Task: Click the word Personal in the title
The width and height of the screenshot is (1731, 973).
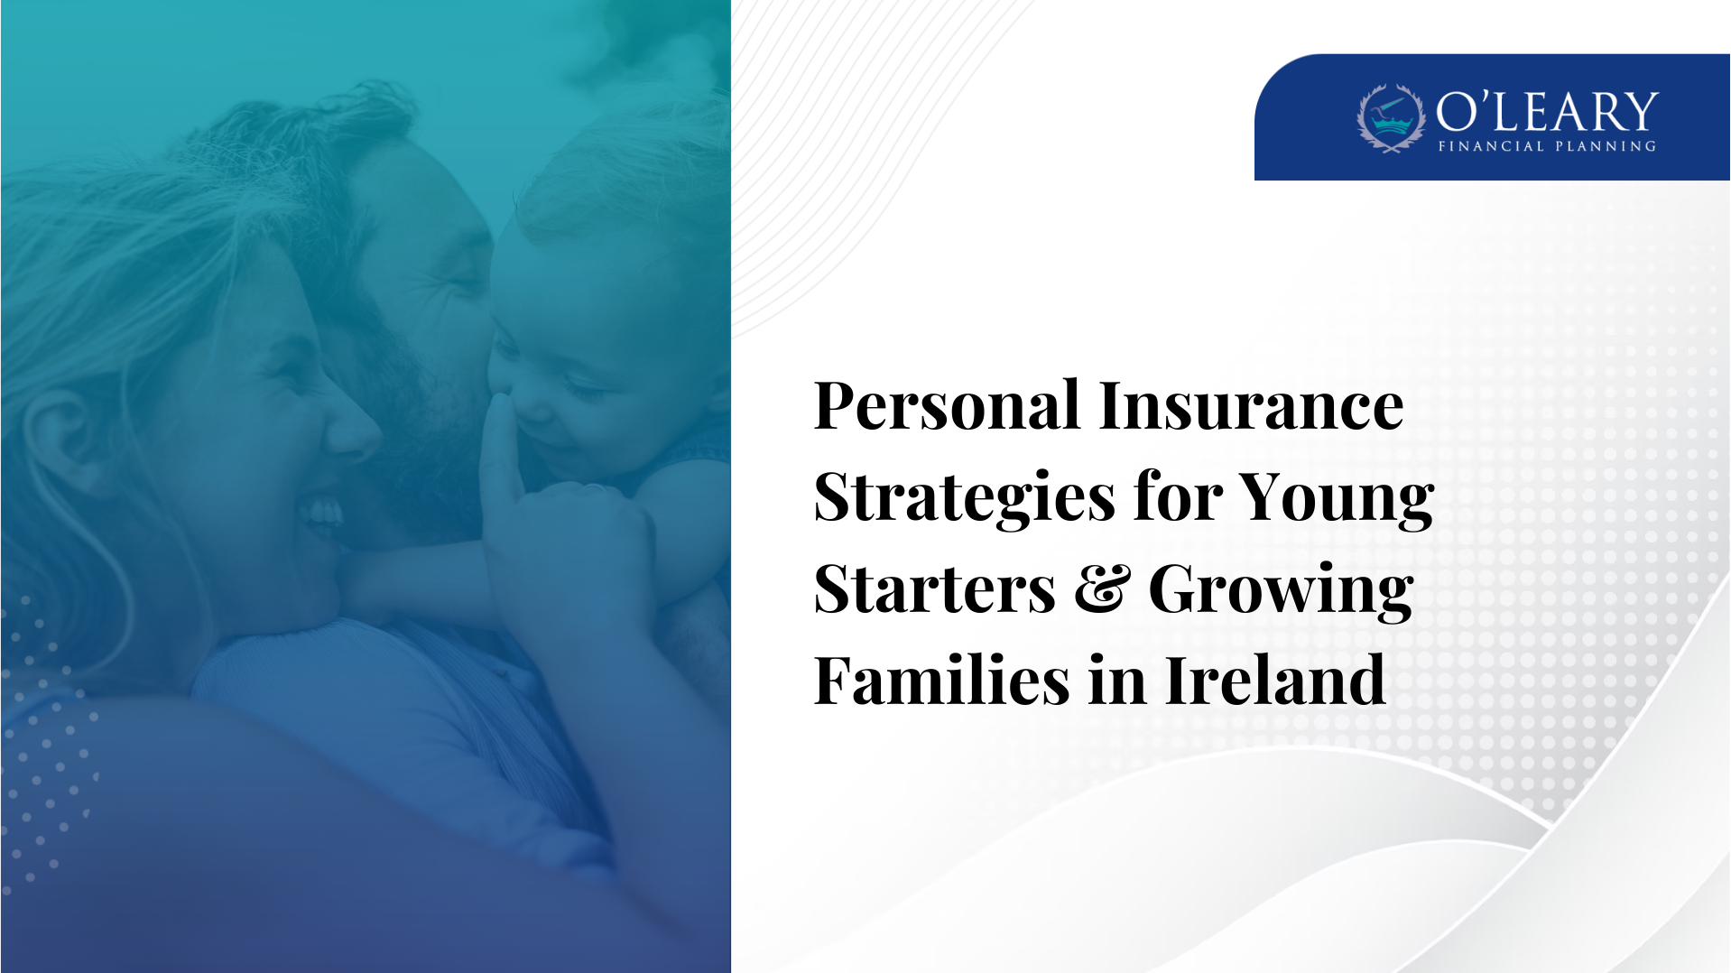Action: pos(946,406)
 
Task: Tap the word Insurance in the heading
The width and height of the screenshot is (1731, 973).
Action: pos(1251,406)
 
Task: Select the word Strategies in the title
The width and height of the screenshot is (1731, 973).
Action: pos(965,498)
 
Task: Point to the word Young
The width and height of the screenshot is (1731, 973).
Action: pos(1337,498)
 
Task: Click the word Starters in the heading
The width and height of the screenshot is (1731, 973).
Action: pos(935,589)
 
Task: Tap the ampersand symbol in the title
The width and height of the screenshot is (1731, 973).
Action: pos(1102,589)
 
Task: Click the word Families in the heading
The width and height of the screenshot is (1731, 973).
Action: pos(941,681)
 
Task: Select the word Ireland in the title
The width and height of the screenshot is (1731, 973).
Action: pos(1275,681)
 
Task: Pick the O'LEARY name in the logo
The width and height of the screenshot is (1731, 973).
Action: pos(1547,112)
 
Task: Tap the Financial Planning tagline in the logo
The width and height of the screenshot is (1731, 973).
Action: pos(1547,146)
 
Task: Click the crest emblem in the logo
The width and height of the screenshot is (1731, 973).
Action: pos(1391,118)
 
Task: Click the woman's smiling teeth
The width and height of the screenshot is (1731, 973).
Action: pos(322,514)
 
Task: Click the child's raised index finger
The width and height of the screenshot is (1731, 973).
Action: pos(499,433)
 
